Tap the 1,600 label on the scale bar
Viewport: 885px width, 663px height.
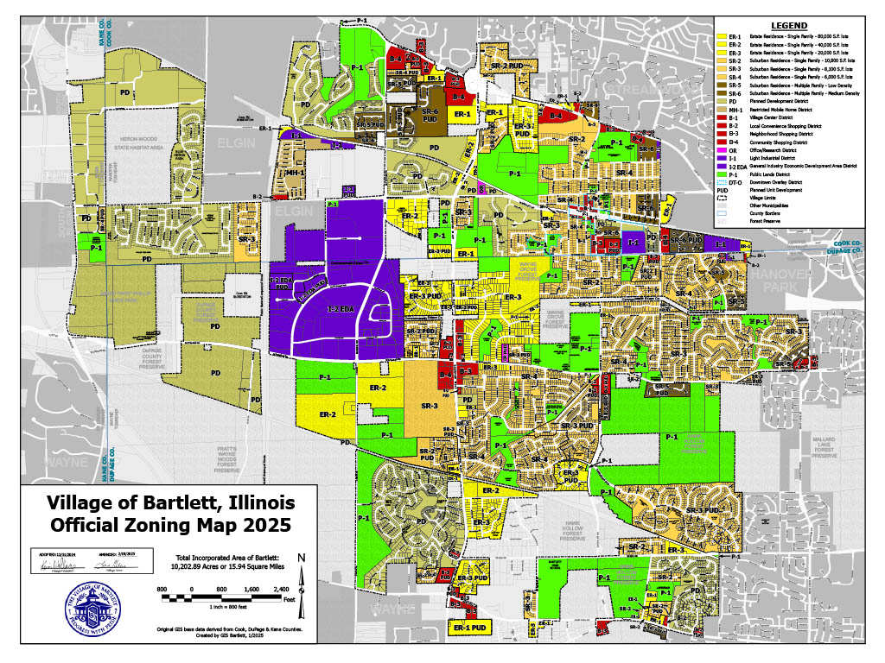coord(251,589)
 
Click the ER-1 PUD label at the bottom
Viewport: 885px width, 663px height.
coord(472,628)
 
